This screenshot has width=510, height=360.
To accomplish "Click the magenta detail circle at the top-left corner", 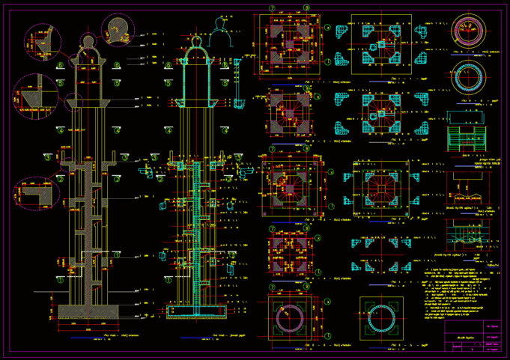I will [43, 42].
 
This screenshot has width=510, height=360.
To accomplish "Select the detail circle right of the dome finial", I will [118, 30].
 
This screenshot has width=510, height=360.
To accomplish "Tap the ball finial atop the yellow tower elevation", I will [88, 40].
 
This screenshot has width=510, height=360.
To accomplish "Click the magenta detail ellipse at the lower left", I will [37, 194].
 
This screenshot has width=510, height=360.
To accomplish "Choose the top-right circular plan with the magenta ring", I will [469, 29].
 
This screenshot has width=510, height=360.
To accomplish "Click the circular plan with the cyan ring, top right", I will [469, 76].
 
